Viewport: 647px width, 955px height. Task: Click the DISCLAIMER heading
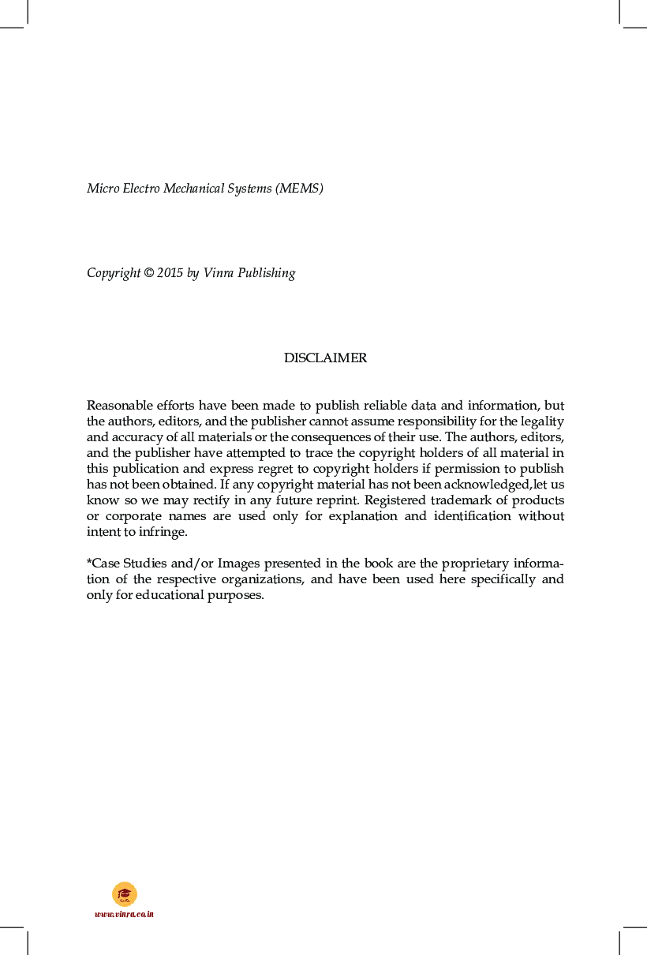point(325,358)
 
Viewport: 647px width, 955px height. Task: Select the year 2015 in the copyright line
point(170,273)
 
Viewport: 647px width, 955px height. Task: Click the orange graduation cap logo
point(124,893)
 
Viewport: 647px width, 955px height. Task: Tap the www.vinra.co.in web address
point(124,914)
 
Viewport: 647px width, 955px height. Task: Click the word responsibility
point(434,421)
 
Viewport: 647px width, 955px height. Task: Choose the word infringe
point(165,532)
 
